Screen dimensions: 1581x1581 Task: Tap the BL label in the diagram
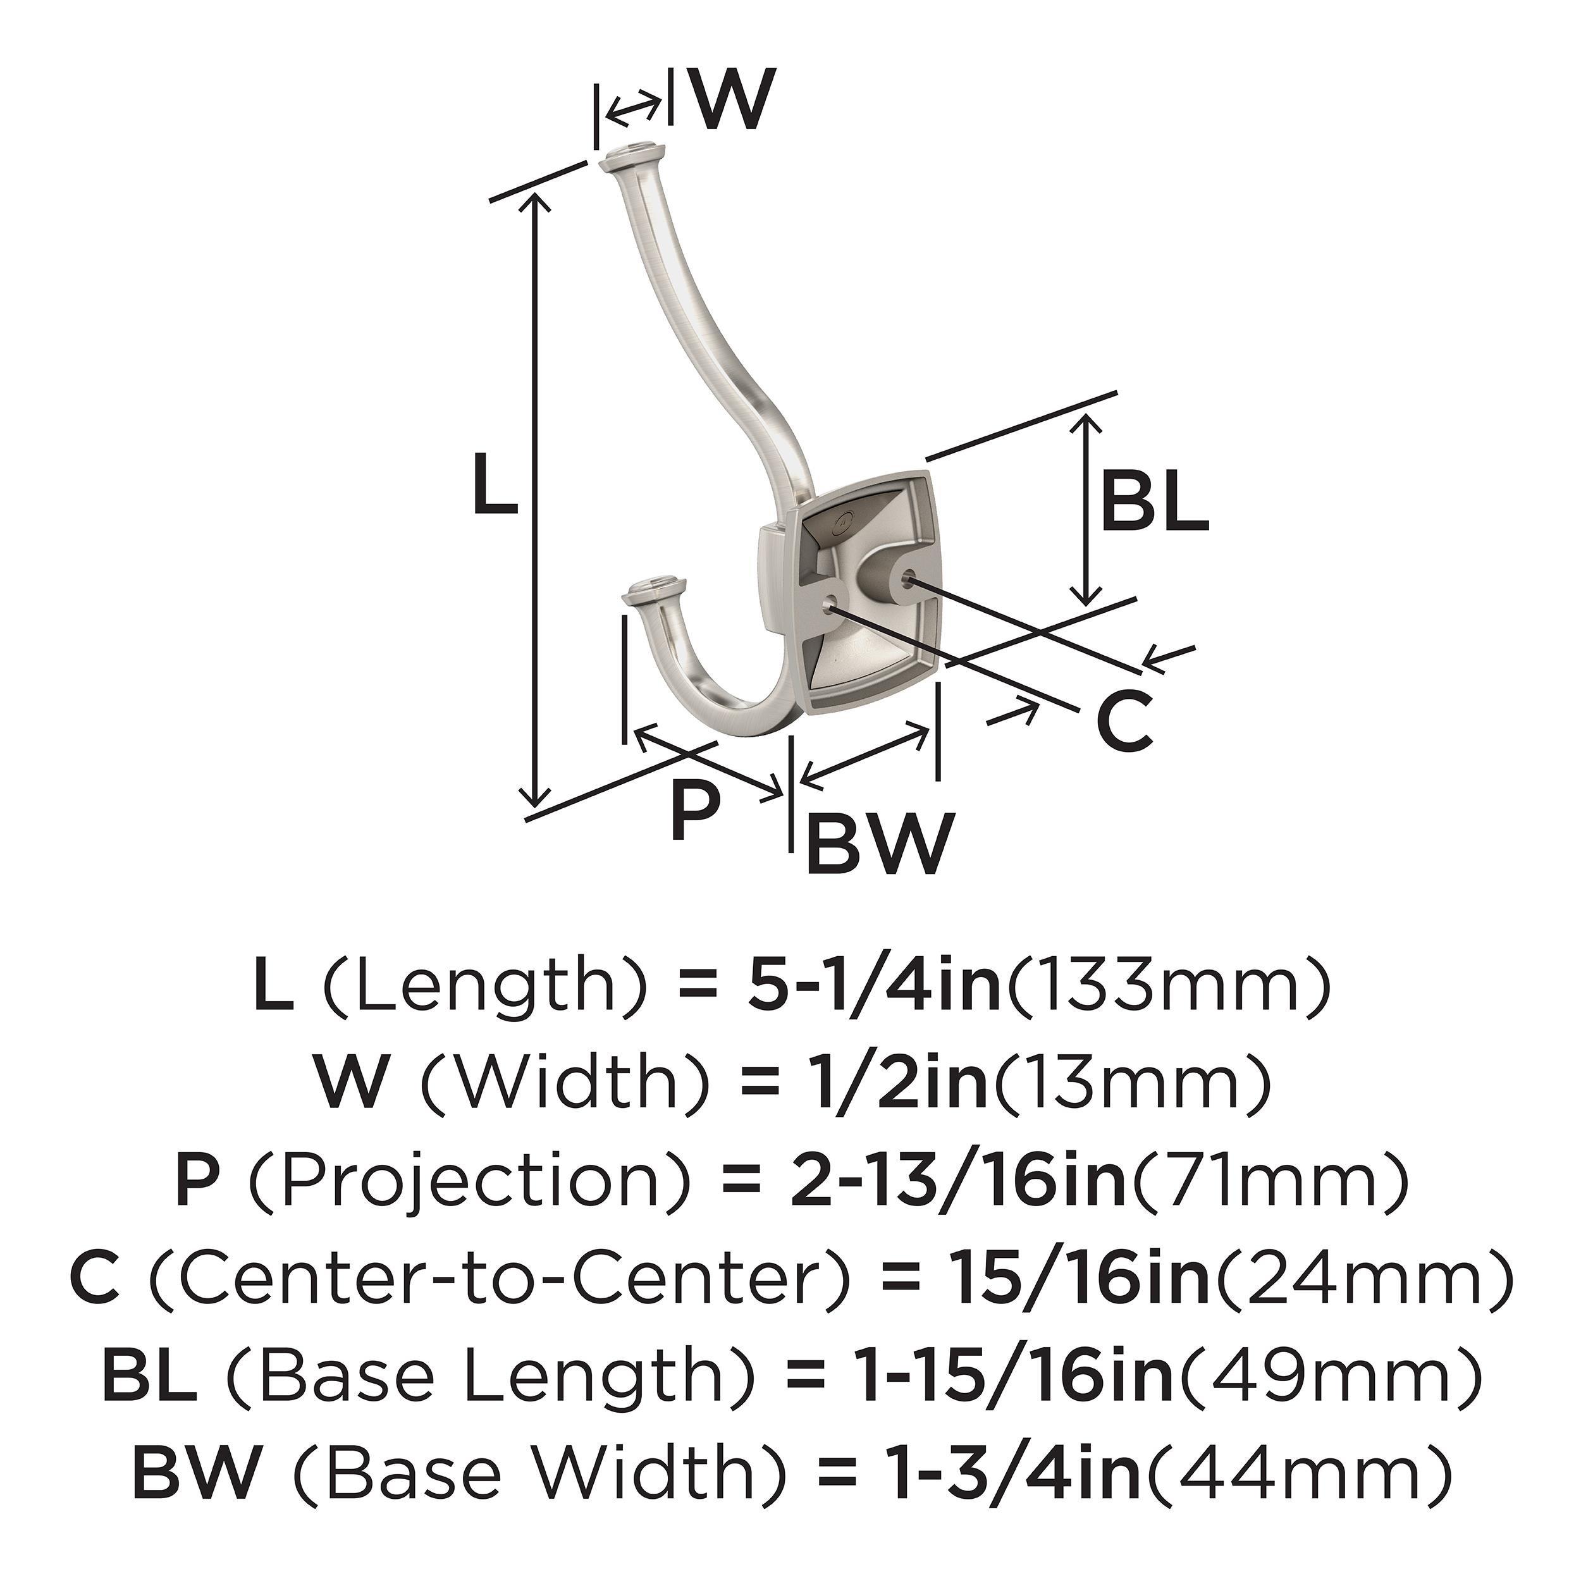pos(1154,503)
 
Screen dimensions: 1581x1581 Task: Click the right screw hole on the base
pos(904,579)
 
